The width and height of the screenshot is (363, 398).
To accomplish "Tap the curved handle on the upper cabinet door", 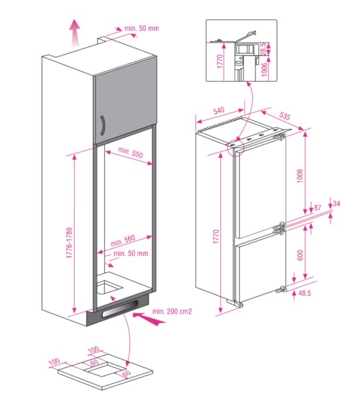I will [103, 125].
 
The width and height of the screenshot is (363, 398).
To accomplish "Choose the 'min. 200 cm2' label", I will [172, 310].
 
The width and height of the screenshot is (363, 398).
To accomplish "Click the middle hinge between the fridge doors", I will [283, 226].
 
